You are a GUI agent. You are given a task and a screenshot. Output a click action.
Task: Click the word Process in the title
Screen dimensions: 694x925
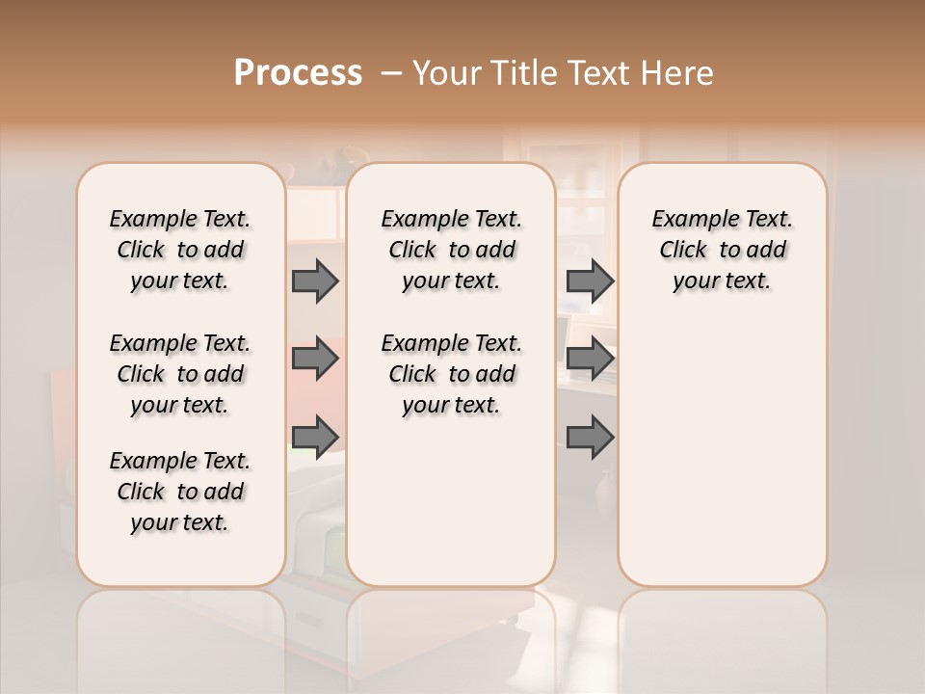point(298,73)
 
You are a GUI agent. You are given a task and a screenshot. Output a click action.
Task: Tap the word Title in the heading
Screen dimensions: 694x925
point(518,73)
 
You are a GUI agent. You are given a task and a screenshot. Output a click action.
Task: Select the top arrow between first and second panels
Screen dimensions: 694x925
point(315,280)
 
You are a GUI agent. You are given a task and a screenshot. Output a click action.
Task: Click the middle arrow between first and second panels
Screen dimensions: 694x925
point(315,360)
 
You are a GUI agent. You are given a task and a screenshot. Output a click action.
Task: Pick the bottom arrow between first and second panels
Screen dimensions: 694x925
point(315,437)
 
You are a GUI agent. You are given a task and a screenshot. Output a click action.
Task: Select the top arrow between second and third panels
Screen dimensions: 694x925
point(590,280)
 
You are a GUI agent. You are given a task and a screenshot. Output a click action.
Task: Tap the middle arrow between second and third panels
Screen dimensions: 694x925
point(590,360)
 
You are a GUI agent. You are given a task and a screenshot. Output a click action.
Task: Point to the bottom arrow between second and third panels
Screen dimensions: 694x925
point(590,437)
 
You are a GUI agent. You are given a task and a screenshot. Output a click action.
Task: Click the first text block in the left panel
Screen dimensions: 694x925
point(180,250)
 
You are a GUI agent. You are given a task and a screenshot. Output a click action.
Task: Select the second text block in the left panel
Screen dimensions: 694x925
point(180,374)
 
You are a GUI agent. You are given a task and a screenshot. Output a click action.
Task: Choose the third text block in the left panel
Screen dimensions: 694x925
point(180,492)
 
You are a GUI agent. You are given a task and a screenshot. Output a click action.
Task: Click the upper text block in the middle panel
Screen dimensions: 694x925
point(451,250)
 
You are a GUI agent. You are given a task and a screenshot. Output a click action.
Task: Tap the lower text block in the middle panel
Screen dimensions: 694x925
point(451,374)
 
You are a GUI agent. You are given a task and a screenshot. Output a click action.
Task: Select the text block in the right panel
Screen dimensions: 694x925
point(722,250)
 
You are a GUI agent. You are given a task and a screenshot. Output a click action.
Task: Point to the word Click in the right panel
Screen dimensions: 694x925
point(683,251)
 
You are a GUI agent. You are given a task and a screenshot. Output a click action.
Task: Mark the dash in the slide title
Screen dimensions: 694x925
point(390,73)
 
